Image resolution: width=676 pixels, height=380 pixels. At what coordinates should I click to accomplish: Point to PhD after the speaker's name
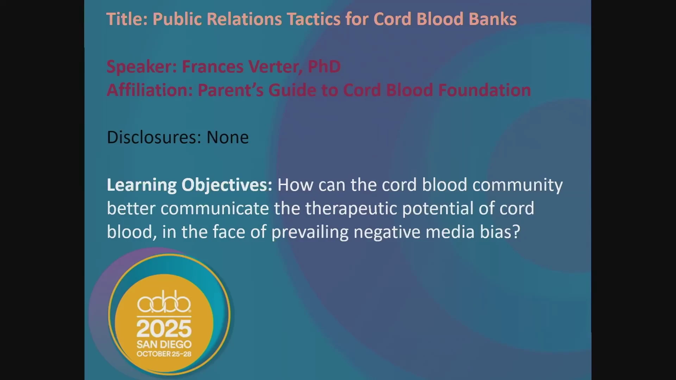pos(324,66)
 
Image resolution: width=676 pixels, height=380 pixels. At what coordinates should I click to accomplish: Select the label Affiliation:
pos(150,90)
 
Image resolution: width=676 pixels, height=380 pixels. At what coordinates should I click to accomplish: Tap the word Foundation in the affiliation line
pos(484,90)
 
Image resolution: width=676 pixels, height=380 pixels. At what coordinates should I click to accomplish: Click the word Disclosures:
pos(154,137)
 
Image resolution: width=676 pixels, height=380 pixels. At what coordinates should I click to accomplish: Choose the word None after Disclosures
pos(227,137)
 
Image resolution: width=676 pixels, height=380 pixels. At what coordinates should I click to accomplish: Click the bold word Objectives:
pos(227,185)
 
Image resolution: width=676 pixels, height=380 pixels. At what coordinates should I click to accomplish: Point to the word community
pos(518,185)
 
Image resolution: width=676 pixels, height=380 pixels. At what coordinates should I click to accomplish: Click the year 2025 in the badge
pos(164,329)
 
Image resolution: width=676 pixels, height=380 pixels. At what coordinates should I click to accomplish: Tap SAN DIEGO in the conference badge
pos(164,344)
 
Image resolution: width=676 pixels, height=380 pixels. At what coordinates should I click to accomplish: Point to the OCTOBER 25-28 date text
pos(164,354)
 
